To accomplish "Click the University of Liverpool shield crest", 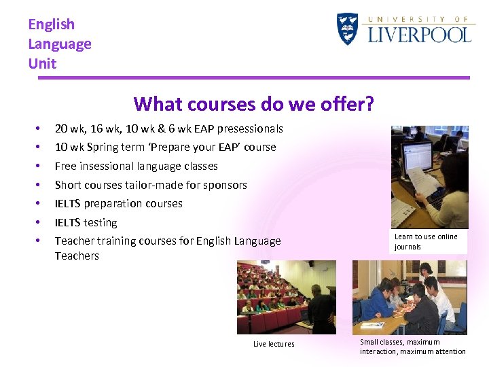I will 347,29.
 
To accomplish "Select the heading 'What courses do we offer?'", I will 253,104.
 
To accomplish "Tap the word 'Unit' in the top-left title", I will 42,64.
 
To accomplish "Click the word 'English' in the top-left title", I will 51,24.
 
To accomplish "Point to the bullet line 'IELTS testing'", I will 86,222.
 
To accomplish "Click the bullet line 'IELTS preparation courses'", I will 118,203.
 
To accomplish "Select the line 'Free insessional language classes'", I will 136,166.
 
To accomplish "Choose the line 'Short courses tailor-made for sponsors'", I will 150,185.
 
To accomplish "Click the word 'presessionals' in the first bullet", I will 251,128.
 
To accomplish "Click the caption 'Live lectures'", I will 274,344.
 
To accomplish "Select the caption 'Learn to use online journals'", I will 426,242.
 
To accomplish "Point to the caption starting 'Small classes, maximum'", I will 412,347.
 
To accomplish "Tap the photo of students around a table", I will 409,297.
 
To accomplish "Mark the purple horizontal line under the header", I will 253,77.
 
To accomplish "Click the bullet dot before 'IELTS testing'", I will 39,222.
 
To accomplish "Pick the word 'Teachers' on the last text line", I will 77,256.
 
